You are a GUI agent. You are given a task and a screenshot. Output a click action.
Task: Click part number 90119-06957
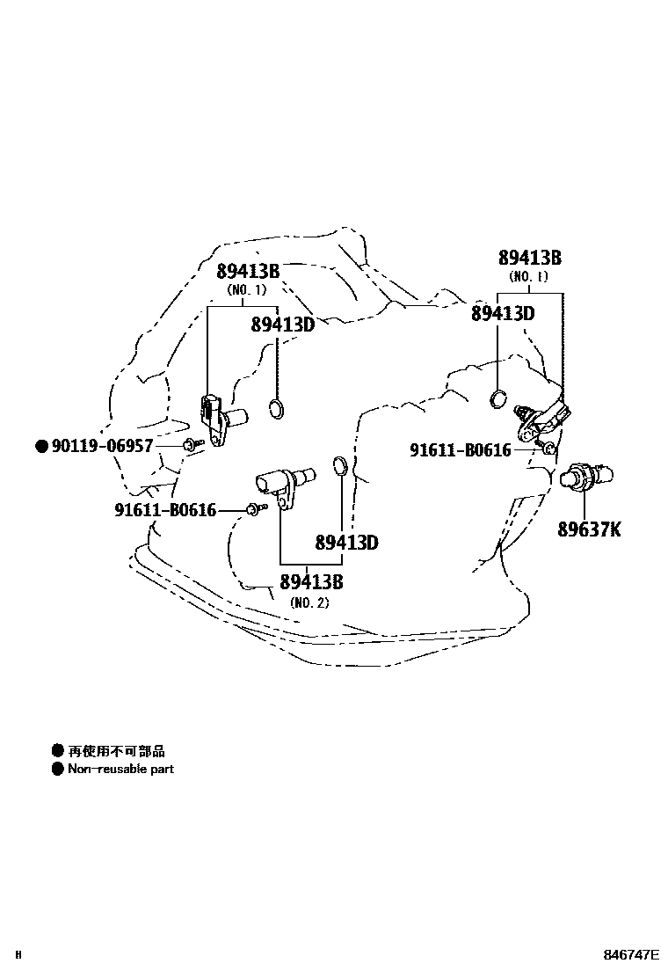click(102, 446)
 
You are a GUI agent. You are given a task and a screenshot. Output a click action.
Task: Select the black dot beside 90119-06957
click(40, 446)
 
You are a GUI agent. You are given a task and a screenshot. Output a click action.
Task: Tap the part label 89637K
click(589, 529)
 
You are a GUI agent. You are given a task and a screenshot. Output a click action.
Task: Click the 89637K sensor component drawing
click(585, 476)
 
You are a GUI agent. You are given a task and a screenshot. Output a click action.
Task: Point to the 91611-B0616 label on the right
click(460, 450)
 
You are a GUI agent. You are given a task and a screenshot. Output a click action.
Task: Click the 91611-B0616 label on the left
click(164, 509)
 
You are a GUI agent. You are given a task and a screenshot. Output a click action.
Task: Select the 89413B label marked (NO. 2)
click(311, 581)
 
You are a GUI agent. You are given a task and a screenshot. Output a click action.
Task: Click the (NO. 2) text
click(309, 602)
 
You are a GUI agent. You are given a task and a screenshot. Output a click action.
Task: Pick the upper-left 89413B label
click(248, 271)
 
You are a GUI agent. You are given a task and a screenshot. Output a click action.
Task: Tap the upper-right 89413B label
click(529, 258)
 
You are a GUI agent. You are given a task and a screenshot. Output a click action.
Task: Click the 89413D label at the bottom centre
click(346, 542)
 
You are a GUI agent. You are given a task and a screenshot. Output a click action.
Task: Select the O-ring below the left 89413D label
click(277, 408)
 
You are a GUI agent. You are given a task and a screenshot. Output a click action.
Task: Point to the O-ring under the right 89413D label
click(499, 398)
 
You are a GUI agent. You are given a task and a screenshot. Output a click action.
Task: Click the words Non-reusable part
click(120, 769)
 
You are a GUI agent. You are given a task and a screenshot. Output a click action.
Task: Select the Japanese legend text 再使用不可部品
click(116, 751)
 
